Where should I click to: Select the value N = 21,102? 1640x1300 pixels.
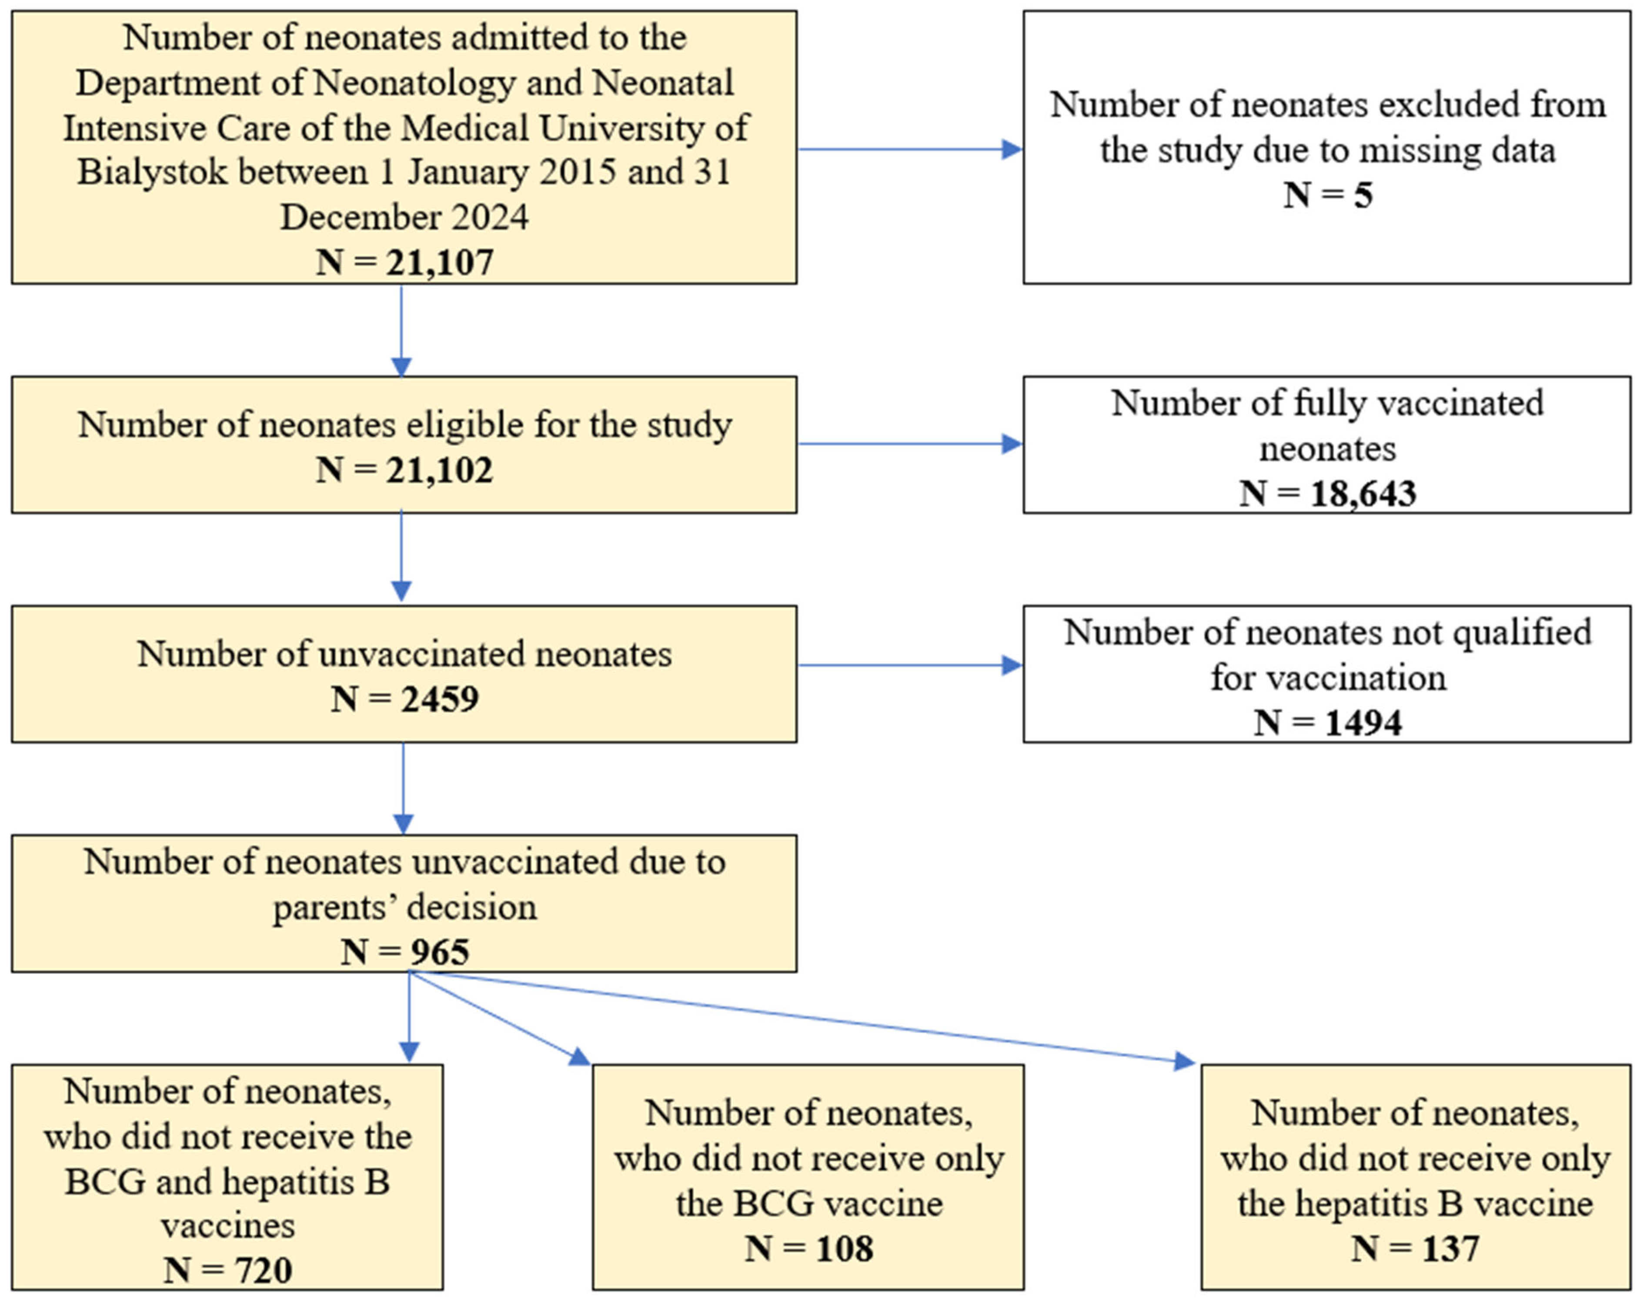tap(405, 470)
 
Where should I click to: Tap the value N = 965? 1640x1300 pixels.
tap(405, 952)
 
